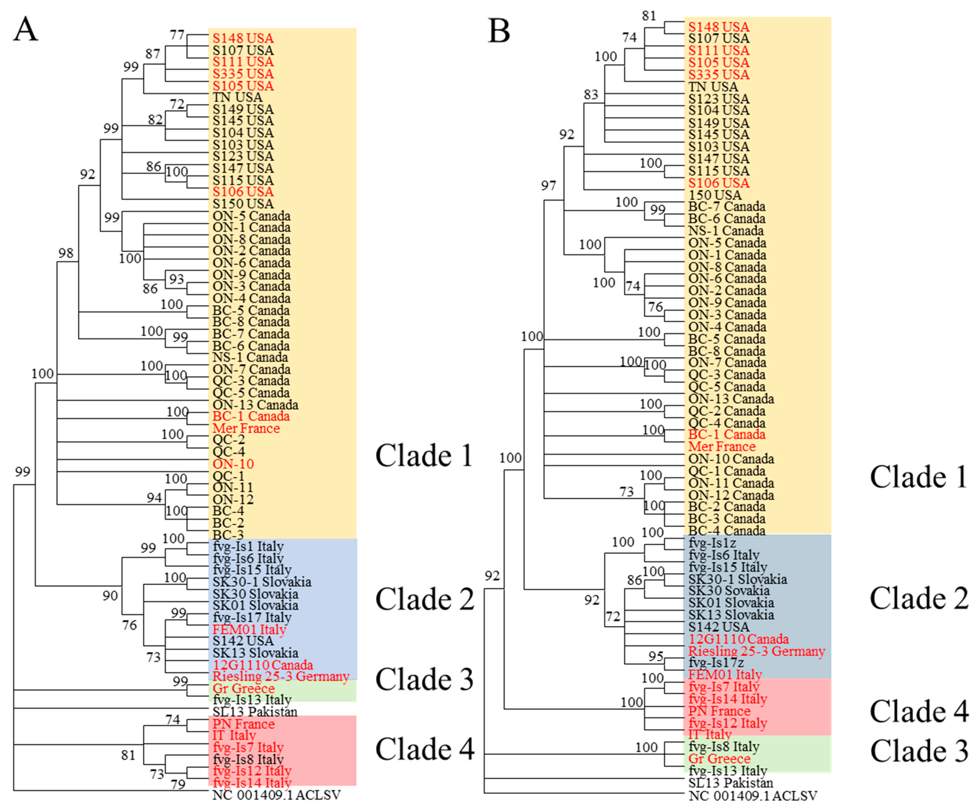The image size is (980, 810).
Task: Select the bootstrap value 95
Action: point(656,656)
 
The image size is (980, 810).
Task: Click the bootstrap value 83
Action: point(591,95)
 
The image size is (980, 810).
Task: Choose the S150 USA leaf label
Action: point(243,204)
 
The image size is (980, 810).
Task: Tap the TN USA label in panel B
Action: point(713,87)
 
